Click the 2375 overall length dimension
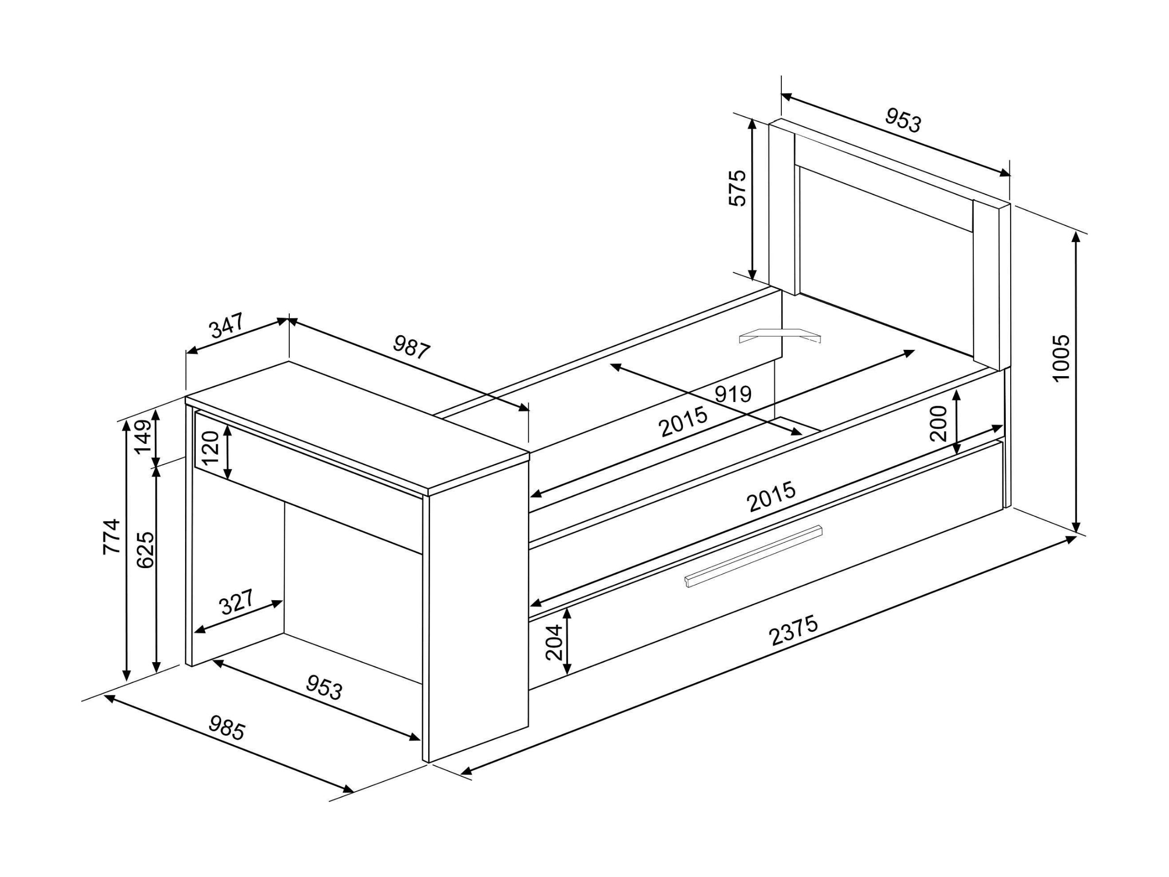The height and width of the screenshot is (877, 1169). pyautogui.click(x=794, y=630)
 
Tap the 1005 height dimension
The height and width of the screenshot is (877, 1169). pyautogui.click(x=1061, y=357)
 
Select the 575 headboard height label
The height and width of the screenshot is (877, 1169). pyautogui.click(x=737, y=188)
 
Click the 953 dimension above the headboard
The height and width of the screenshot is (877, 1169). pyautogui.click(x=903, y=120)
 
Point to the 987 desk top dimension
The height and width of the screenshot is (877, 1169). pyautogui.click(x=412, y=348)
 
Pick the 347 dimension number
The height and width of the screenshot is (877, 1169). pyautogui.click(x=226, y=325)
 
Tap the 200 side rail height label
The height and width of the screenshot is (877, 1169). pyautogui.click(x=939, y=423)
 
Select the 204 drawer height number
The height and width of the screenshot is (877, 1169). pyautogui.click(x=554, y=642)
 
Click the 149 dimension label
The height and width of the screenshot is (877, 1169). pyautogui.click(x=143, y=437)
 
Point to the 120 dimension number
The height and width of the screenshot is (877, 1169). pyautogui.click(x=210, y=447)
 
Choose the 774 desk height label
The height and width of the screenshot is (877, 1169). pyautogui.click(x=112, y=537)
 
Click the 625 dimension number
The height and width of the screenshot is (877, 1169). pyautogui.click(x=145, y=549)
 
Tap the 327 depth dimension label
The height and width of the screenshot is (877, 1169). pyautogui.click(x=237, y=602)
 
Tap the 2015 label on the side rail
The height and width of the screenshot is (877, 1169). pyautogui.click(x=772, y=496)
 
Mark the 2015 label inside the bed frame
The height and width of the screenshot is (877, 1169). pyautogui.click(x=684, y=421)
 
